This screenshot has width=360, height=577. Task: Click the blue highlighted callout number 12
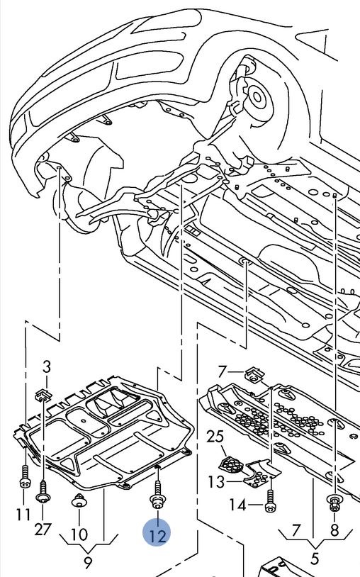pyautogui.click(x=157, y=533)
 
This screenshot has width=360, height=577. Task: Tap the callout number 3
pyautogui.click(x=46, y=366)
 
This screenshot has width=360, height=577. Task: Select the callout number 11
pyautogui.click(x=23, y=514)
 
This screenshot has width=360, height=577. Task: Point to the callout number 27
pyautogui.click(x=43, y=530)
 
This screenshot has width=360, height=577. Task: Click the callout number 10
pyautogui.click(x=79, y=534)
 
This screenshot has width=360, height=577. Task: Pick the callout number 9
pyautogui.click(x=88, y=563)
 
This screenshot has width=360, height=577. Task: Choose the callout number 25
pyautogui.click(x=215, y=437)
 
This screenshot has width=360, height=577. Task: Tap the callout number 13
pyautogui.click(x=216, y=482)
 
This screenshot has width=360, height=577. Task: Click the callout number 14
pyautogui.click(x=237, y=505)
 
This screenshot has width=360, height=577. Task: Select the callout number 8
pyautogui.click(x=334, y=530)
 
